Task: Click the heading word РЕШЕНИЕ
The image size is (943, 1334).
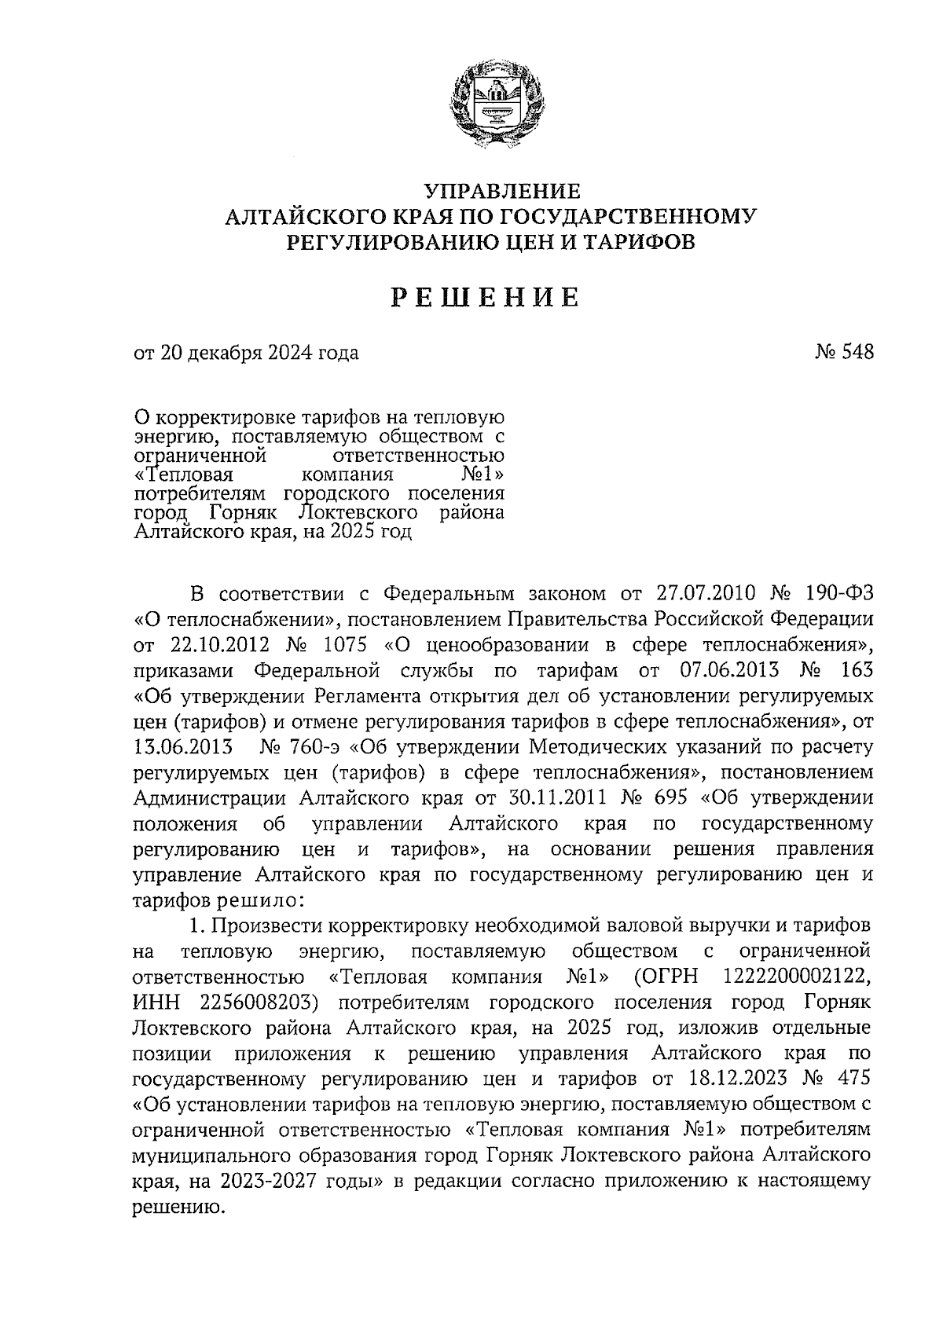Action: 486,298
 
